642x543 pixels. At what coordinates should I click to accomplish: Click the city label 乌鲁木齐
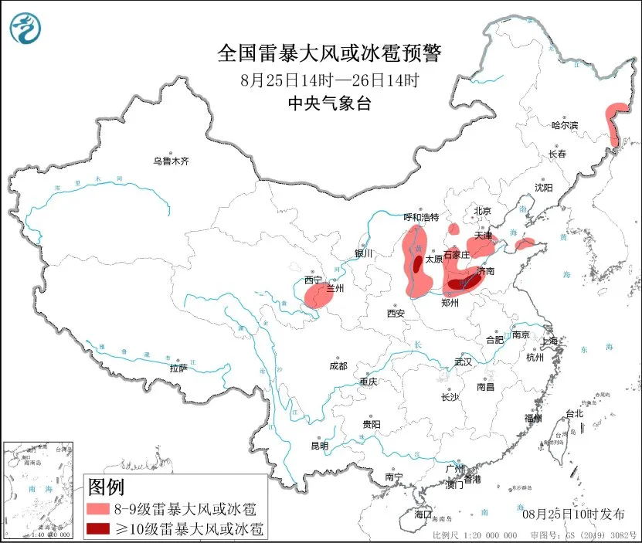tap(170, 161)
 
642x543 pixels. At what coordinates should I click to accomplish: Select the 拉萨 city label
tap(178, 368)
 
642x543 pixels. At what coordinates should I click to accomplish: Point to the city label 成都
tap(338, 366)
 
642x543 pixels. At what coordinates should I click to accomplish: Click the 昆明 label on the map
tap(319, 446)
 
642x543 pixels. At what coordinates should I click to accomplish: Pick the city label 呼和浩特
tap(422, 217)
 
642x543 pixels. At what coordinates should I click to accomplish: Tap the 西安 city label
tap(396, 314)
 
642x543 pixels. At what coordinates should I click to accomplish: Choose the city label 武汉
tap(464, 361)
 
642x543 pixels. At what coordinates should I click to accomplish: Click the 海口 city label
tap(423, 514)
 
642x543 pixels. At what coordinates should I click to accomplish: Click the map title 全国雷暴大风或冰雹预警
tap(329, 53)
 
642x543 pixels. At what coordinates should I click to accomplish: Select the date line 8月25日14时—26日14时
tap(329, 80)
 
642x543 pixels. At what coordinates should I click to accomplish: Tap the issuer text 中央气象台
tap(329, 104)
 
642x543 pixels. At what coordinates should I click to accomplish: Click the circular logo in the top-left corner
tap(26, 29)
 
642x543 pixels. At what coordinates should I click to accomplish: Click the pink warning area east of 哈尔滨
tap(616, 124)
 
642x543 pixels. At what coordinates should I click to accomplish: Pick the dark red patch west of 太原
tap(418, 264)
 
